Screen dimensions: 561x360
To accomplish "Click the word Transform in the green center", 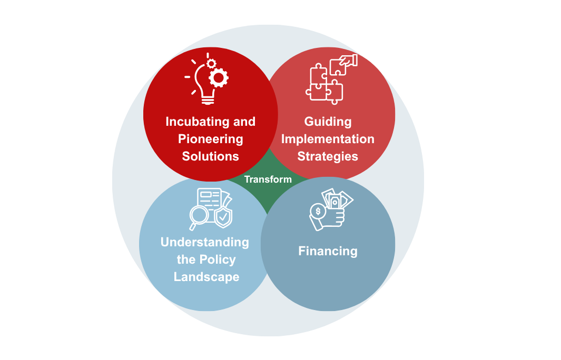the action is tap(268, 179).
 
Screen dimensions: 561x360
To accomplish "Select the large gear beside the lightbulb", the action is tap(219, 77).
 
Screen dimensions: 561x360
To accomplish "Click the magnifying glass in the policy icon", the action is tap(199, 217).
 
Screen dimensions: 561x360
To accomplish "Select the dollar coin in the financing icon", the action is tap(318, 211).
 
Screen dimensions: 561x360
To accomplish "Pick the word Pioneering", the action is tap(210, 139).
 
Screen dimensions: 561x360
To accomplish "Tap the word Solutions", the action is tap(210, 156).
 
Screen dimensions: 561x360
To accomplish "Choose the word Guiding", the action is tap(328, 122).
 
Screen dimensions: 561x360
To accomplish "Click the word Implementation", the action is tap(328, 139).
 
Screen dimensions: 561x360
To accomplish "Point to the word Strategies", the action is tap(328, 157).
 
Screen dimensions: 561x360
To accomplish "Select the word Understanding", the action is tap(205, 243).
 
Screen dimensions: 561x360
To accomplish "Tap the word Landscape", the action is tap(206, 277).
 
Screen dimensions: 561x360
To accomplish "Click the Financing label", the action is tap(328, 252).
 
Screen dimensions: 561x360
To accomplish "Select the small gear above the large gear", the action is tap(211, 64).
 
